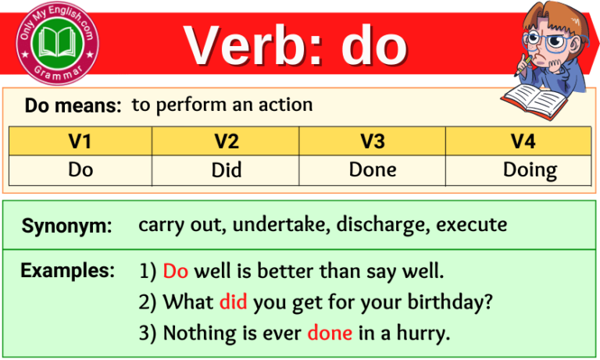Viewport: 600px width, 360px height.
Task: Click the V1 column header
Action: [80, 141]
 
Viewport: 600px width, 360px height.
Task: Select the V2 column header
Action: [227, 141]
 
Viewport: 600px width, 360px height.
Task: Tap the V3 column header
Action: [373, 141]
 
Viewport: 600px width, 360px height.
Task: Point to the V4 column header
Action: [518, 141]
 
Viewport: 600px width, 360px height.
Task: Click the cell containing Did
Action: [227, 169]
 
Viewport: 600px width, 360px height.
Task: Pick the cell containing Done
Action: [373, 169]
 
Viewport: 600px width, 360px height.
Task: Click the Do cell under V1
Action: [80, 169]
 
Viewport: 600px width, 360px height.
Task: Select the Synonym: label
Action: [67, 226]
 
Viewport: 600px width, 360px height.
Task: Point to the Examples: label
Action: [67, 271]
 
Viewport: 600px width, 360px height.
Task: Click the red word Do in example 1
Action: [176, 272]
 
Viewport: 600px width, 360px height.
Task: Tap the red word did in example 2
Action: [233, 301]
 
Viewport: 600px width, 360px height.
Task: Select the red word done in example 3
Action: [330, 333]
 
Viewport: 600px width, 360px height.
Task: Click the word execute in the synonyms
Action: [472, 226]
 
